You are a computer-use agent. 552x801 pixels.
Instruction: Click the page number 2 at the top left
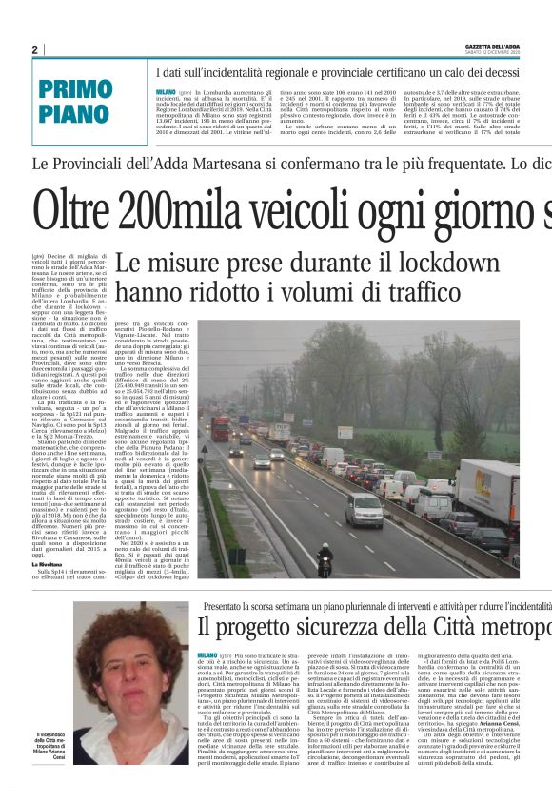pos(35,49)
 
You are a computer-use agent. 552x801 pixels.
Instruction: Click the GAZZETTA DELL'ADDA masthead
pos(512,46)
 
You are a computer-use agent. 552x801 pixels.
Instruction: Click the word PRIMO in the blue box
pos(75,91)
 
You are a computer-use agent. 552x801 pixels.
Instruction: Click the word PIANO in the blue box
pos(75,113)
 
